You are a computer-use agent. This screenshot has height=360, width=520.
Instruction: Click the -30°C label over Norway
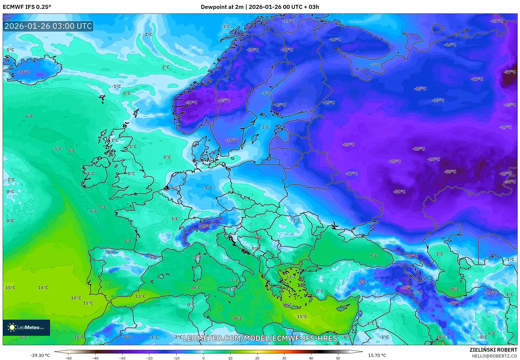191,103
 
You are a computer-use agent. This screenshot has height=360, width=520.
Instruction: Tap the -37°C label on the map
510,72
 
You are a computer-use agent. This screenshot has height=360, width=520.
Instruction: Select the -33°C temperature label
450,171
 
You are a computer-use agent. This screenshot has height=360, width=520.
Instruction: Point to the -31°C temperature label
399,192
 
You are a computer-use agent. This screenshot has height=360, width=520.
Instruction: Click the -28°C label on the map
419,149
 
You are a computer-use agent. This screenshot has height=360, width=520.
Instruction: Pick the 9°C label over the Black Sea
374,256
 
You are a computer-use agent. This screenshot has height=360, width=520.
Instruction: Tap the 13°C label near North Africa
140,296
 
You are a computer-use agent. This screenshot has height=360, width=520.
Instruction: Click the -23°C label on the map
348,144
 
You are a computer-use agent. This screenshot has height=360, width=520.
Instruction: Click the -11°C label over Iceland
24,72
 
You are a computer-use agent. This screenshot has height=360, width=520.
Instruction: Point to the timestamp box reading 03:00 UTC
48,26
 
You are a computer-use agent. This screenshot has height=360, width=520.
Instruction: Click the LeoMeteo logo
26,327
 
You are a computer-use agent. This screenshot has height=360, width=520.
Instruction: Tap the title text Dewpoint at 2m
222,7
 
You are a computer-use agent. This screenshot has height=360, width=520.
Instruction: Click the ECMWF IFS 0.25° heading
27,7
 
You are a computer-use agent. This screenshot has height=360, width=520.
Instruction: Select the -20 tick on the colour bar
149,358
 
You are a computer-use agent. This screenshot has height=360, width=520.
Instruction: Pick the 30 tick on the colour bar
284,358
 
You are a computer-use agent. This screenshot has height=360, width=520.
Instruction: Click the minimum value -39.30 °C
40,355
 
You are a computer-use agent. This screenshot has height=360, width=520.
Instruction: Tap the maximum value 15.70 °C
377,355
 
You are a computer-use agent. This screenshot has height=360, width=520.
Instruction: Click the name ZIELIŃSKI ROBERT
493,350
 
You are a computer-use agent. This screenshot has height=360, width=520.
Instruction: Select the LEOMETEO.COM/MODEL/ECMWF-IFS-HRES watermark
260,338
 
